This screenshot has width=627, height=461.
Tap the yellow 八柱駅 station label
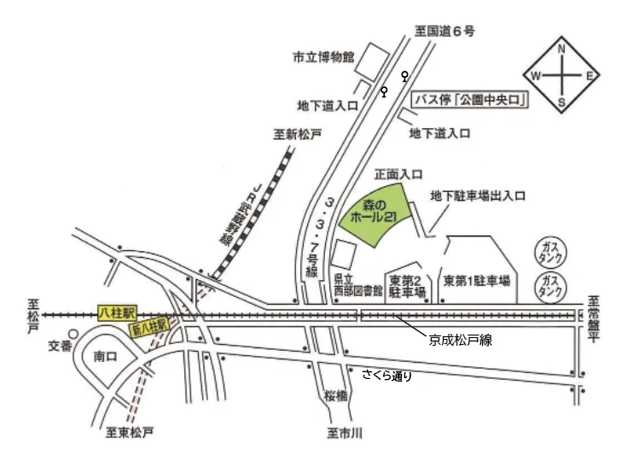[113, 313]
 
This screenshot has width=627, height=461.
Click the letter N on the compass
[561, 50]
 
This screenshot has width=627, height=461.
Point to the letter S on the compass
[561, 103]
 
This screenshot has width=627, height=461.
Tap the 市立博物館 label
[323, 57]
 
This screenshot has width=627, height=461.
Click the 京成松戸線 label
[459, 340]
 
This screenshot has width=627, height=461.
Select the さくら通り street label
[387, 374]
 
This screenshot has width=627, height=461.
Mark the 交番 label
[57, 346]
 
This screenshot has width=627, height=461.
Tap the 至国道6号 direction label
[444, 31]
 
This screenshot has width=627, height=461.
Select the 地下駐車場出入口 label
[478, 195]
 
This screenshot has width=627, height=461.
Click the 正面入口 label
[398, 173]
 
